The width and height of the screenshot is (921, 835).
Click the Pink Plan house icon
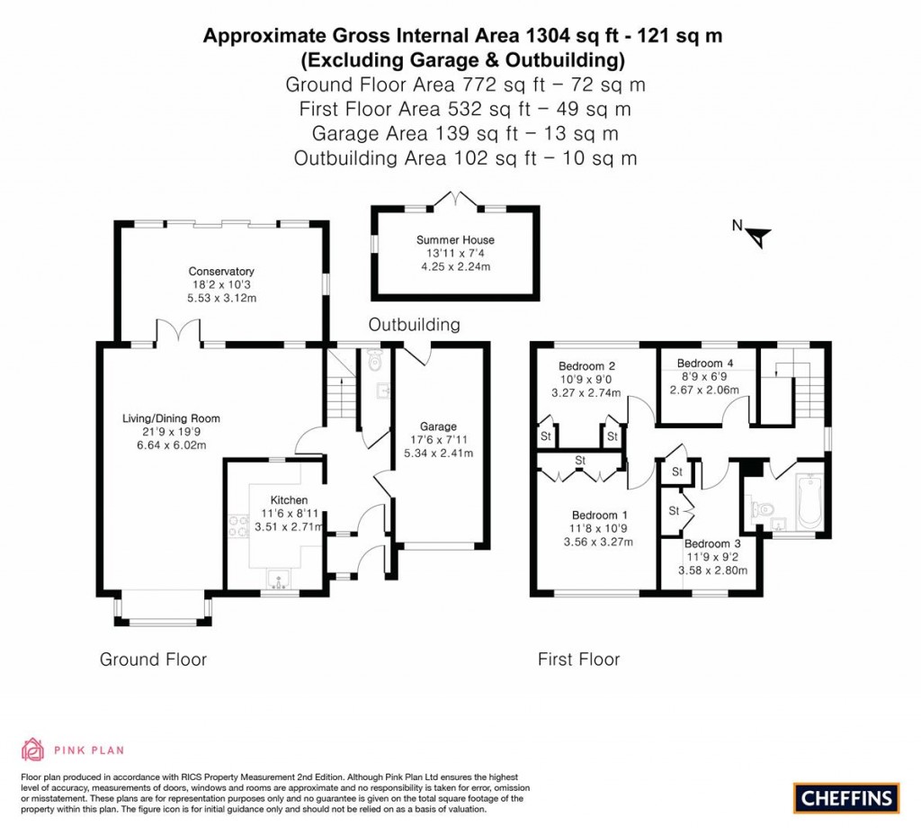pos(32,750)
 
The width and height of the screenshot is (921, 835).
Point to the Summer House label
pos(455,240)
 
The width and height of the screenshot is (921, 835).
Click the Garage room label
pos(438,426)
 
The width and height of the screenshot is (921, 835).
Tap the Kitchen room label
pos(290,500)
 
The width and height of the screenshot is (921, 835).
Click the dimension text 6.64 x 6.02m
pos(171,445)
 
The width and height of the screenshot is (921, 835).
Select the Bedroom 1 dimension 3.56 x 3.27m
pos(598,542)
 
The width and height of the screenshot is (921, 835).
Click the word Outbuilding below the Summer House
pos(414,324)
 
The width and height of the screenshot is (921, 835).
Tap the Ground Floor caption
pos(153,660)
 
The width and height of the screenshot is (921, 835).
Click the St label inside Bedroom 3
pos(673,511)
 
